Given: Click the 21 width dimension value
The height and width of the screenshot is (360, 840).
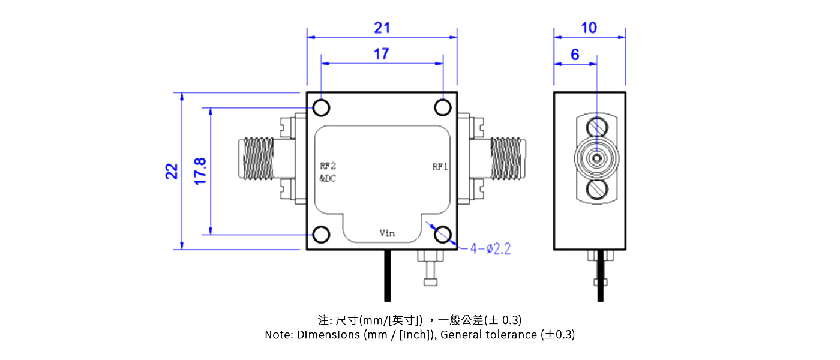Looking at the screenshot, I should [382, 28].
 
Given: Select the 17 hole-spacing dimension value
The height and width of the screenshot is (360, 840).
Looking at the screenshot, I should [381, 54].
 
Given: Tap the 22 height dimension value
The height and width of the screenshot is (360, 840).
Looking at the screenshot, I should [172, 171].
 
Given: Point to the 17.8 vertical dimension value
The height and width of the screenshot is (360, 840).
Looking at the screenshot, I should [200, 171].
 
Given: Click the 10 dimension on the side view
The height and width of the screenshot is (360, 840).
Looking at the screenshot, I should [589, 28].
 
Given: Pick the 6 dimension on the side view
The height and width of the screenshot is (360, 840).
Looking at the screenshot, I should [575, 55].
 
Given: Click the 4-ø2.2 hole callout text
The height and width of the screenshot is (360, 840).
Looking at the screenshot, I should [490, 249].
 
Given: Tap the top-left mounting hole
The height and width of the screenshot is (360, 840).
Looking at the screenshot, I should [322, 108].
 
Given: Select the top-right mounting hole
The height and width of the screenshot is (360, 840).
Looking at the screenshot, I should [443, 108].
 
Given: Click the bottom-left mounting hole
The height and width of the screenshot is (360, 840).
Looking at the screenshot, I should [322, 235].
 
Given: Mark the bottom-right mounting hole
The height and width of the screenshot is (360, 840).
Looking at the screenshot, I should [443, 235].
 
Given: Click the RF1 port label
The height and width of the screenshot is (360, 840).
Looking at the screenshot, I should [440, 167].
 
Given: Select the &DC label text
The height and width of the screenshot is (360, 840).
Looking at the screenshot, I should [328, 178].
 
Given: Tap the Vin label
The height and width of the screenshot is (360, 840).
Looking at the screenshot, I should [387, 232].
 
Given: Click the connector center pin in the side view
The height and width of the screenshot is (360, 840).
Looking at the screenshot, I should [597, 159].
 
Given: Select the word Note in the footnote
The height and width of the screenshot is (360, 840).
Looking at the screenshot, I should [278, 335].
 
